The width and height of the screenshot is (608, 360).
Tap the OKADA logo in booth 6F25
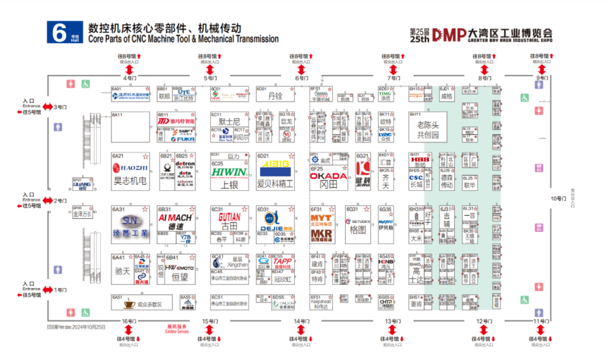[328, 175]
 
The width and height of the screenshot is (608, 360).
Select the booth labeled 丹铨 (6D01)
[275, 96]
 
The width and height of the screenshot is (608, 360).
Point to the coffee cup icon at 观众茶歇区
[129, 304]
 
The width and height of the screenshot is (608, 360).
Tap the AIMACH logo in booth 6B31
[175, 217]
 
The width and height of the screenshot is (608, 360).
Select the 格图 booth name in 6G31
[358, 230]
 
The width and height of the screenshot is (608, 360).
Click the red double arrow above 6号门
[301, 69]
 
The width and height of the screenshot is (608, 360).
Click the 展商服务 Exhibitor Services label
[177, 328]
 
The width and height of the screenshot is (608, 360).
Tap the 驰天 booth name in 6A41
[123, 271]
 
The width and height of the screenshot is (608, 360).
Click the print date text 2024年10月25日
[76, 326]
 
